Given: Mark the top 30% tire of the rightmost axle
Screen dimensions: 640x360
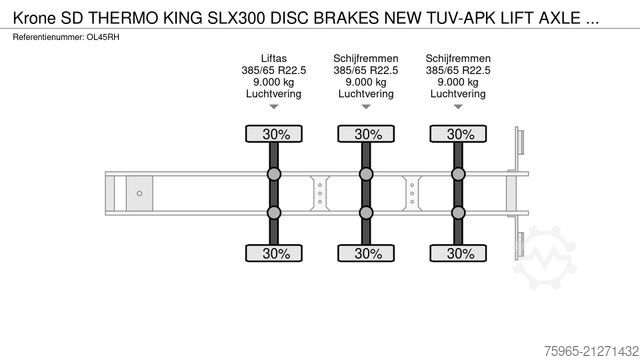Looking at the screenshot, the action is pos(458,134).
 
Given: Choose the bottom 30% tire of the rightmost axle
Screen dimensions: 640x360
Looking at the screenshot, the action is pos(458,253).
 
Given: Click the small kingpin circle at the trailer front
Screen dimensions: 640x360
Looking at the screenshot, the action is pos(141,193).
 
